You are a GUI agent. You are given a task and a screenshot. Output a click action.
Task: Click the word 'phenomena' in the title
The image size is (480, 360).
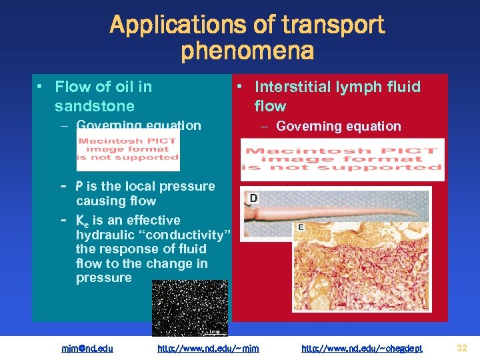pyautogui.click(x=247, y=51)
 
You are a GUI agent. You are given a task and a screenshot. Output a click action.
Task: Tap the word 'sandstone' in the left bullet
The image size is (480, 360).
pyautogui.click(x=95, y=106)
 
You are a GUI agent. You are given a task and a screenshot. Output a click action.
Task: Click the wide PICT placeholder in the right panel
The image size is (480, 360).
pyautogui.click(x=343, y=159)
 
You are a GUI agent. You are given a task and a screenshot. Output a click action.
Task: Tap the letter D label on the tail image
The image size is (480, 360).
pyautogui.click(x=254, y=199)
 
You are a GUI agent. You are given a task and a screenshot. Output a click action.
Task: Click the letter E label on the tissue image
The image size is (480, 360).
pyautogui.click(x=301, y=228)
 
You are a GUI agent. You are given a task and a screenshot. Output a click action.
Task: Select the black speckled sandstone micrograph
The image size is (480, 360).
pyautogui.click(x=189, y=307)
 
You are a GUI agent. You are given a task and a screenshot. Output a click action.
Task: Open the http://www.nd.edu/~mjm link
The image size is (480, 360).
pyautogui.click(x=208, y=348)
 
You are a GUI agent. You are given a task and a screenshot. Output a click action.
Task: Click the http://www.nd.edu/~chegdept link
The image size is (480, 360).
pyautogui.click(x=362, y=348)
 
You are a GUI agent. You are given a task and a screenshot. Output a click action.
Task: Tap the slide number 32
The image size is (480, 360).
pyautogui.click(x=462, y=347)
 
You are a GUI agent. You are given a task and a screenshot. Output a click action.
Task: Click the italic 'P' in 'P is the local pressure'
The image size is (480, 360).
pyautogui.click(x=79, y=186)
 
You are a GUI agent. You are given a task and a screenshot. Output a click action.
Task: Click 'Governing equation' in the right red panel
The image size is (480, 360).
pyautogui.click(x=339, y=126)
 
